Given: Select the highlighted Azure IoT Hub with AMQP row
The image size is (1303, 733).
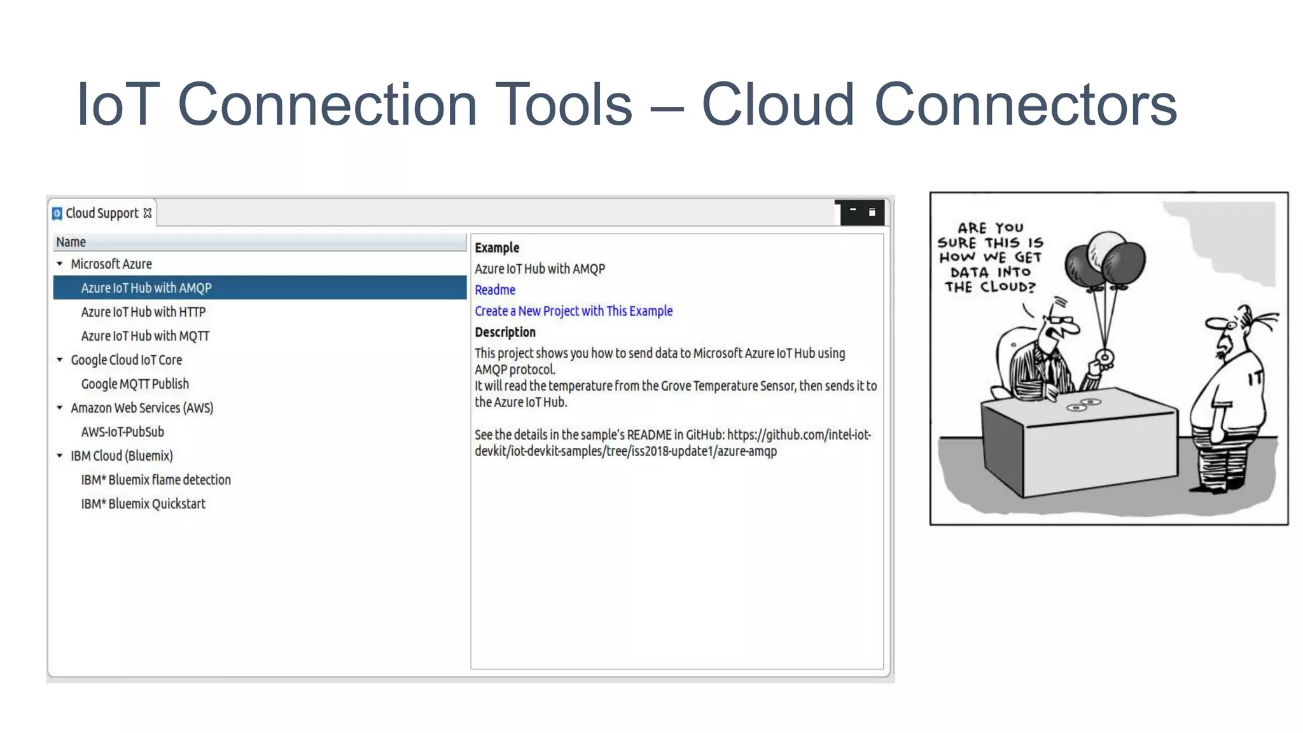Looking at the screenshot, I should click(146, 288).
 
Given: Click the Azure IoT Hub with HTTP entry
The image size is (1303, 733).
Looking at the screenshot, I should click(143, 312).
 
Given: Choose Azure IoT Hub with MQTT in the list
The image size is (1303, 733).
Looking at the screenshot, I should click(145, 336).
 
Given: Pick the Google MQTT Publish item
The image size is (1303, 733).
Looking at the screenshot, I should click(135, 384).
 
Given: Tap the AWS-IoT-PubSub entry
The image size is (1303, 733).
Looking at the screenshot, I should click(122, 432).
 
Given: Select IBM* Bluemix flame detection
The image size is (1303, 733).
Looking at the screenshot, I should click(156, 480).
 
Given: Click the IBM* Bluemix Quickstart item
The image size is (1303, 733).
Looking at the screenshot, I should click(143, 504).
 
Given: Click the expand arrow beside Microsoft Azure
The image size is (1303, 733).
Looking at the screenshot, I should click(60, 263).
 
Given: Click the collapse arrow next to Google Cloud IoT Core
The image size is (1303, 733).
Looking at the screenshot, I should click(60, 360).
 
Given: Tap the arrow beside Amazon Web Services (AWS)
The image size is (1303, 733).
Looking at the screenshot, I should click(60, 408).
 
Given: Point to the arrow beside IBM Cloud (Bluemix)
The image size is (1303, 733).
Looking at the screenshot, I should click(60, 456).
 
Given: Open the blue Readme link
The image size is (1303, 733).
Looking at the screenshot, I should click(495, 290).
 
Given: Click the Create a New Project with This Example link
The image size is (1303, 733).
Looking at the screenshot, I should click(573, 311).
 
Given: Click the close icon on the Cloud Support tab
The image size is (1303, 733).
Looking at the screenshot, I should click(148, 213).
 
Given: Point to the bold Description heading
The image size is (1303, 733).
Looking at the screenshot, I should click(505, 332).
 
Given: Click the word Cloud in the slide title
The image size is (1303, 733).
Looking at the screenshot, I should click(777, 105).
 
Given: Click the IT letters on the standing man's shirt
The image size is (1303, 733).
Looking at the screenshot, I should click(1255, 380).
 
